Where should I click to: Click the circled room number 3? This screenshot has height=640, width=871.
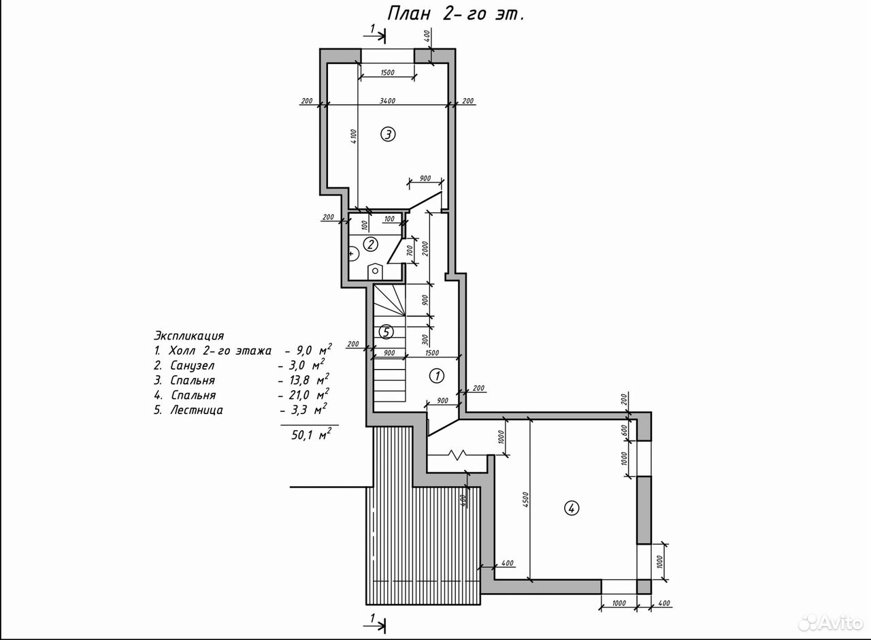[x=388, y=135]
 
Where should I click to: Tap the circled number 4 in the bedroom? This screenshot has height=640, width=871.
[x=571, y=508]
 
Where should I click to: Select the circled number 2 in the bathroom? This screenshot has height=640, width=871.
[x=370, y=244]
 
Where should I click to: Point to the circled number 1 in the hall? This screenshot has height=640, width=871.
[x=437, y=376]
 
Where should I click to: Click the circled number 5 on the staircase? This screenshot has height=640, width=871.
[x=386, y=332]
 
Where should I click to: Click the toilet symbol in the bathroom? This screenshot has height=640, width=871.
[x=375, y=271]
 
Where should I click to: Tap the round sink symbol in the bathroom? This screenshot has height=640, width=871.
[x=353, y=254]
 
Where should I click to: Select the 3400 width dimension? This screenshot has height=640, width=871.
[x=387, y=101]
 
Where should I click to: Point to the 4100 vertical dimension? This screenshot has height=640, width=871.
[x=353, y=137]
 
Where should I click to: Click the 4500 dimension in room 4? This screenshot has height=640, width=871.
[x=525, y=500]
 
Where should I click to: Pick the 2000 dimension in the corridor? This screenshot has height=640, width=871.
[x=425, y=249]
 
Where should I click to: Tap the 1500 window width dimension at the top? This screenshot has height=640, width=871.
[x=387, y=72]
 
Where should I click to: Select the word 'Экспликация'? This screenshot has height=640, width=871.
[x=189, y=336]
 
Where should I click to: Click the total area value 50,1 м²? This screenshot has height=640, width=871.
[x=312, y=434]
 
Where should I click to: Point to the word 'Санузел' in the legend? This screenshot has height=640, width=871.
[x=192, y=366]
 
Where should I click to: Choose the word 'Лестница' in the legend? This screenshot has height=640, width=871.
[x=197, y=410]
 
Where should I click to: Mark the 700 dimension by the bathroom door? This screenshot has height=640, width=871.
[x=409, y=250]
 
